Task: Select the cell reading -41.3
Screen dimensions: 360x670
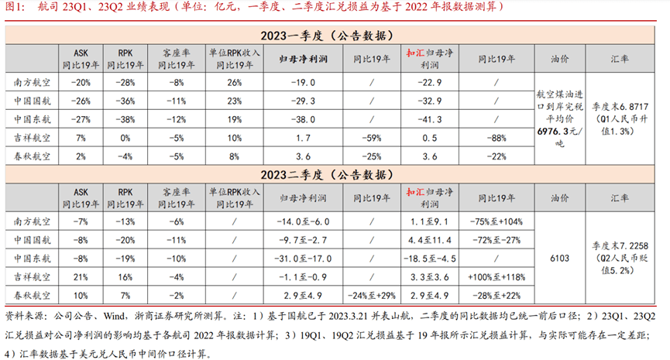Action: (434, 119)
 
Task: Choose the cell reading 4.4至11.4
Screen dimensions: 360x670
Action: (434, 239)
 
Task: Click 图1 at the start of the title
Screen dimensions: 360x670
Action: (12, 7)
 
